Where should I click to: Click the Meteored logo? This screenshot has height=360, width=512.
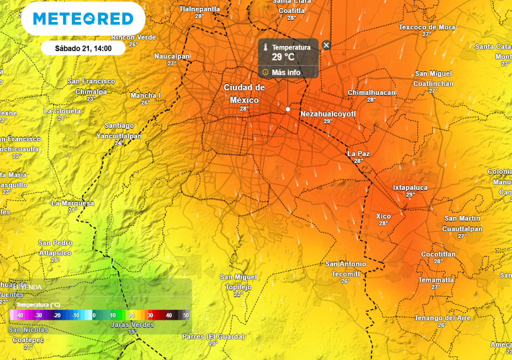point(83,19)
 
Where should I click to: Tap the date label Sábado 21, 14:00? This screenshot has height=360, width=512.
point(83,49)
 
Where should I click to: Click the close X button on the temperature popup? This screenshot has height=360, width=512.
point(326,45)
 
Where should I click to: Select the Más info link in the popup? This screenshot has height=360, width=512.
point(286,72)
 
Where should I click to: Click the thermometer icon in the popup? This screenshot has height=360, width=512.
point(265,47)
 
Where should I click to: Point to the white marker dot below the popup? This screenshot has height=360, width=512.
point(288,109)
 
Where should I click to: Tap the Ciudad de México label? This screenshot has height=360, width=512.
point(244,93)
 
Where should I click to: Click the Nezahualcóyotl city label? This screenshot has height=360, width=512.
point(328,114)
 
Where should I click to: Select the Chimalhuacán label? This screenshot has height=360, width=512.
point(371,92)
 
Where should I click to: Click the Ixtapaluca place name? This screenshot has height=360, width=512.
point(410,187)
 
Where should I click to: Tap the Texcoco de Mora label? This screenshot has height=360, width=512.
point(427,27)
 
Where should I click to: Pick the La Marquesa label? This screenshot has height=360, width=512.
point(72,203)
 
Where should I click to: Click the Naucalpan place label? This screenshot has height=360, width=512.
point(172,56)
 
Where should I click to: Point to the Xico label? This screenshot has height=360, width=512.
point(383,216)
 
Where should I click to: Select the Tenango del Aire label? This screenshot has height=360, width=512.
point(442,318)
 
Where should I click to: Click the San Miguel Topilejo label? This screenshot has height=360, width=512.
point(238,282)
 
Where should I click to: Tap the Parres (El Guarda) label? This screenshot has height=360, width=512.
point(213,336)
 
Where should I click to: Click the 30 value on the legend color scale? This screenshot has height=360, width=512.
point(150,315)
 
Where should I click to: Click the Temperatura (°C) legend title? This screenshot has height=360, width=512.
point(38,304)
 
